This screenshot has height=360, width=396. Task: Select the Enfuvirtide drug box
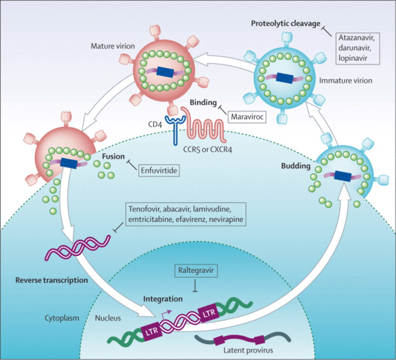159,170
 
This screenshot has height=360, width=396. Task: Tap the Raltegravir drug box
195,272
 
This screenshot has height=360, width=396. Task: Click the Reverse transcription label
53,280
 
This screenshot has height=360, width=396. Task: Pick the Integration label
163,299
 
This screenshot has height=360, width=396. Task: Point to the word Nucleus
109,320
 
